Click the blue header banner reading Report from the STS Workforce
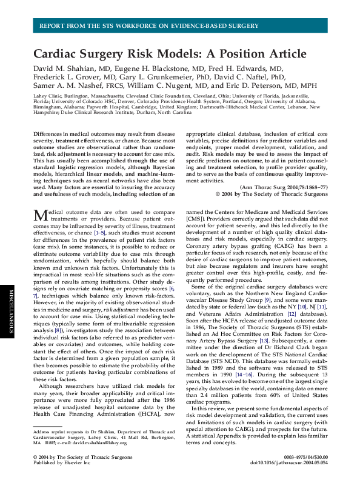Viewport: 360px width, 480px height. coord(179,26)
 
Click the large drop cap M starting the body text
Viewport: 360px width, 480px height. coord(40,215)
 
